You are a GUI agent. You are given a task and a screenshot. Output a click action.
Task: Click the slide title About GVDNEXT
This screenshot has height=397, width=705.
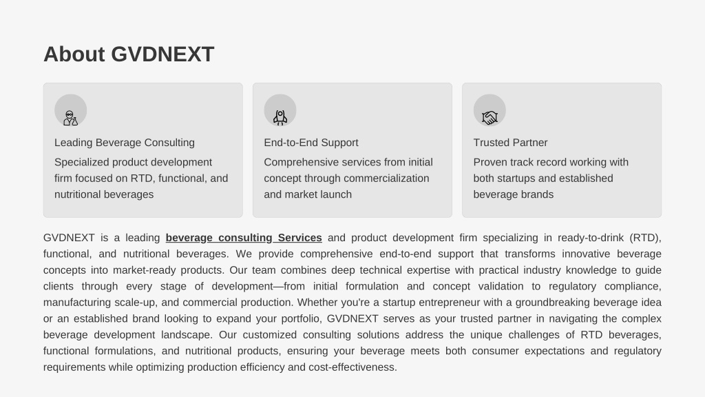pos(129,54)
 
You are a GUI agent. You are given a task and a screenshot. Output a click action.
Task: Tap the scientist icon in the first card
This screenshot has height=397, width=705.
pos(71,118)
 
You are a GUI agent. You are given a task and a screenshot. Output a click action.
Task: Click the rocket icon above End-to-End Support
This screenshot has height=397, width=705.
pos(280,117)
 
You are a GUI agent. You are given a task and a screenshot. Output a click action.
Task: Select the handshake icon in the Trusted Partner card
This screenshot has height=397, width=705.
pos(490,117)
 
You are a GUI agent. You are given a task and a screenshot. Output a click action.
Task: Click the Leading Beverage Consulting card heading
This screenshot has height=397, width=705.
pos(125,143)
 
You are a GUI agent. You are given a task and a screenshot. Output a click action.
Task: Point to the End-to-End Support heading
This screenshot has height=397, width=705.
pos(311,143)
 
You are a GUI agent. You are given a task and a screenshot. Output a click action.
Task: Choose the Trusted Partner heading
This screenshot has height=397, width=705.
pos(510,143)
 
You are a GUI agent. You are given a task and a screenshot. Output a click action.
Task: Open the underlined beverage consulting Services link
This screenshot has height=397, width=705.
pos(244,238)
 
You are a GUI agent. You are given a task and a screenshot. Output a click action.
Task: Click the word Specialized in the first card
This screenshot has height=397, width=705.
pos(81,162)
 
